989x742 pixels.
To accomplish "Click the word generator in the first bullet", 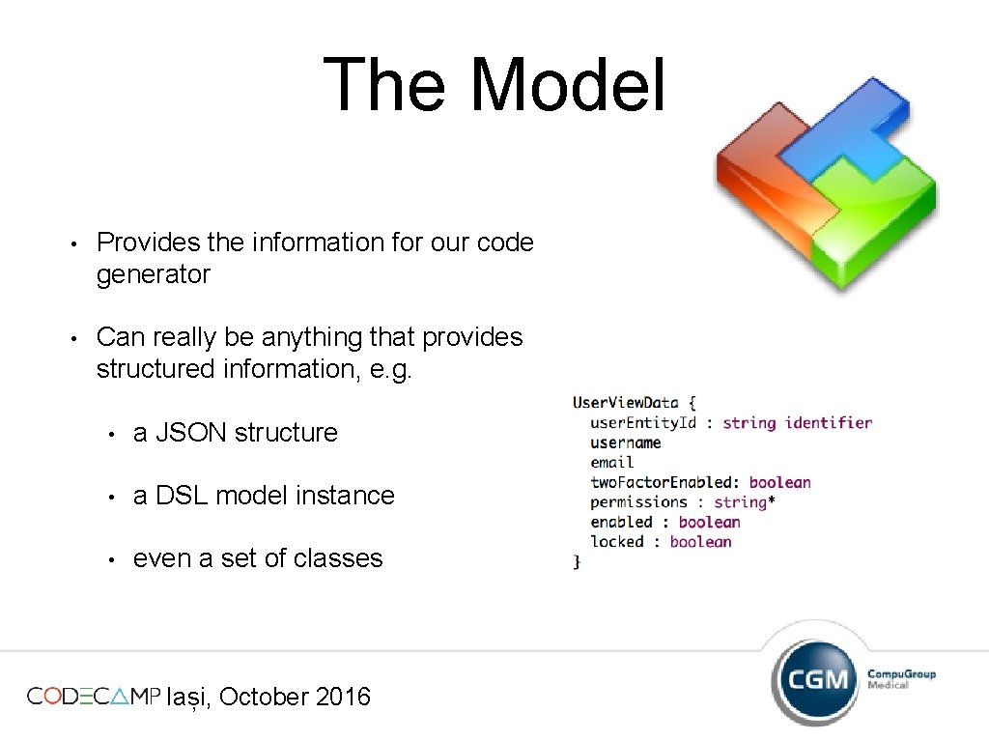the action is pos(153,275).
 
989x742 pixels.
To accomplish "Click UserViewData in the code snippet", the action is pos(626,403).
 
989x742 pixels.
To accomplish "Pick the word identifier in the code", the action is pos(829,422).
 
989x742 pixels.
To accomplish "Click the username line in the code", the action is pos(626,442).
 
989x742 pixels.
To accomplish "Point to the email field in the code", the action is pos(612,463).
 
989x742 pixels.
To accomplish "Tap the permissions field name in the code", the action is pos(638,502).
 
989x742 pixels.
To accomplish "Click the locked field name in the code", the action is pos(617,542).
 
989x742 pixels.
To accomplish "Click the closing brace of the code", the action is pos(577,561).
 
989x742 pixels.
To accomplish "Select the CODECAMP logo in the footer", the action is pos(93,697).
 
